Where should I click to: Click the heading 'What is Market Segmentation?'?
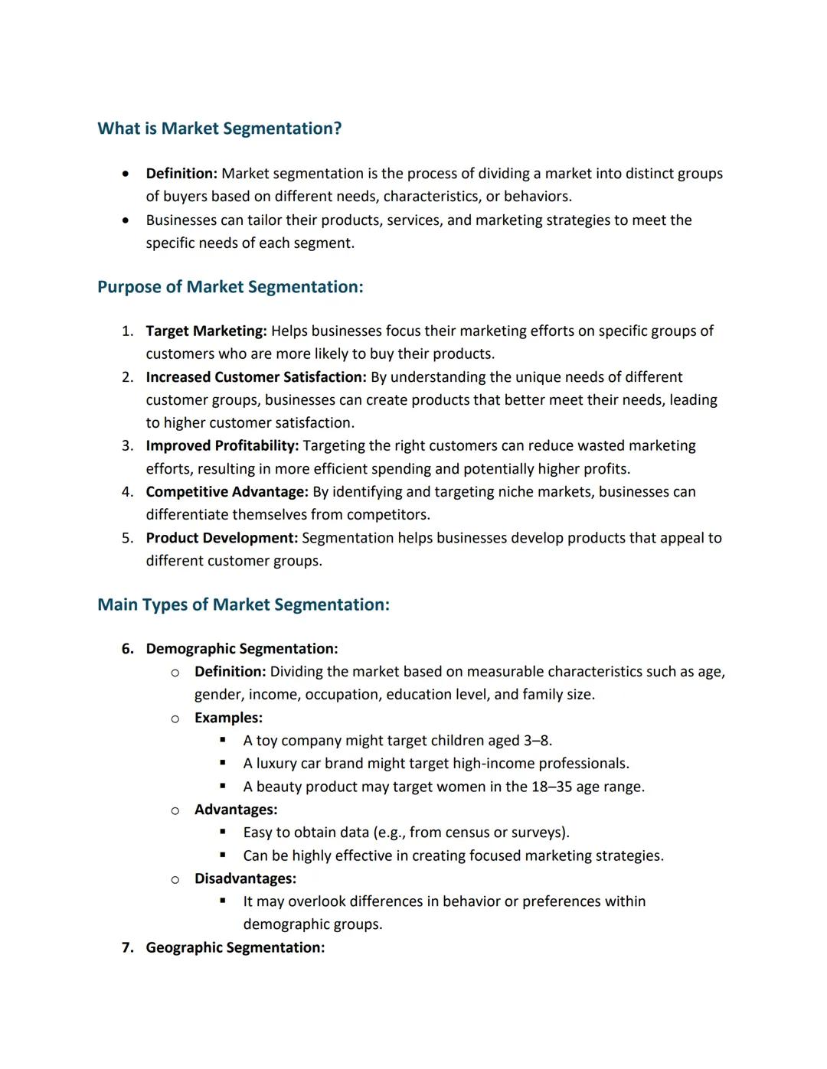tap(219, 129)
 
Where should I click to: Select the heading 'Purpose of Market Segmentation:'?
tap(230, 287)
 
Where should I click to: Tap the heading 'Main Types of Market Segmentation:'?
tap(243, 605)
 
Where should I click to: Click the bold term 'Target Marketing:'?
tap(206, 331)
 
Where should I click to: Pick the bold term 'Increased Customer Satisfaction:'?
tap(256, 377)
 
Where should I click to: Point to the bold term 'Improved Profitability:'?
tap(222, 445)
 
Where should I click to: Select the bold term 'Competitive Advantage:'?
tap(227, 491)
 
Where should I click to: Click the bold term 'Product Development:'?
tap(222, 538)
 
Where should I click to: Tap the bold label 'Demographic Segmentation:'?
tap(241, 649)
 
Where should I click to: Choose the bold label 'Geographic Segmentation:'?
tap(235, 947)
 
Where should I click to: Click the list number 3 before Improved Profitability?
tap(127, 445)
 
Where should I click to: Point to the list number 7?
tap(127, 947)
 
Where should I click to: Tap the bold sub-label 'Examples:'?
tap(228, 718)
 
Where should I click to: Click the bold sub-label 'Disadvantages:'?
tap(245, 878)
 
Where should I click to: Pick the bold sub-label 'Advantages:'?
tap(236, 810)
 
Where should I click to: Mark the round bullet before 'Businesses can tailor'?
tap(126, 220)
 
